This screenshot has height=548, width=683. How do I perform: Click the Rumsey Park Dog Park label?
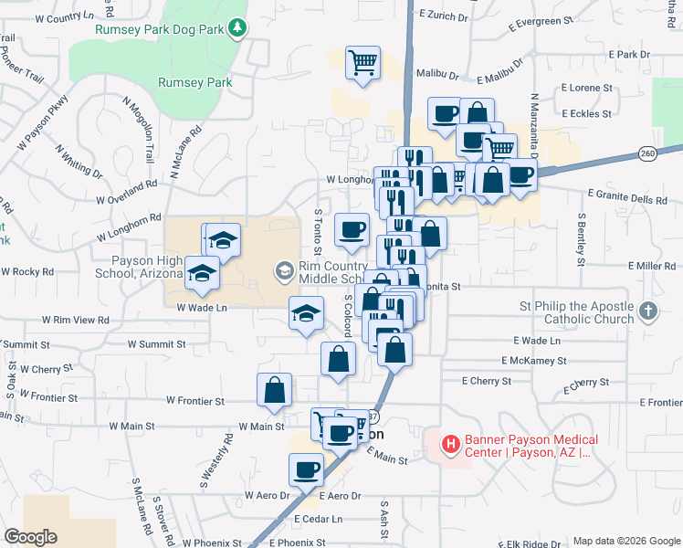(x=160, y=28)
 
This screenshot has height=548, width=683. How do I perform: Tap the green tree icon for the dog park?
(x=237, y=28)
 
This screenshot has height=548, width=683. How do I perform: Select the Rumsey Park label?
(x=194, y=82)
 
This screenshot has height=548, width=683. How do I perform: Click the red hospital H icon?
(x=450, y=445)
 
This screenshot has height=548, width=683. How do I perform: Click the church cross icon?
(x=648, y=311)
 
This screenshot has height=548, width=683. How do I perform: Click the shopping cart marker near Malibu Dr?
(x=363, y=63)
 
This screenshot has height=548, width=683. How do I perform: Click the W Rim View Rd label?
(x=76, y=321)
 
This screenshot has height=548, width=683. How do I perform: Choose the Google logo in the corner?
(x=30, y=537)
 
